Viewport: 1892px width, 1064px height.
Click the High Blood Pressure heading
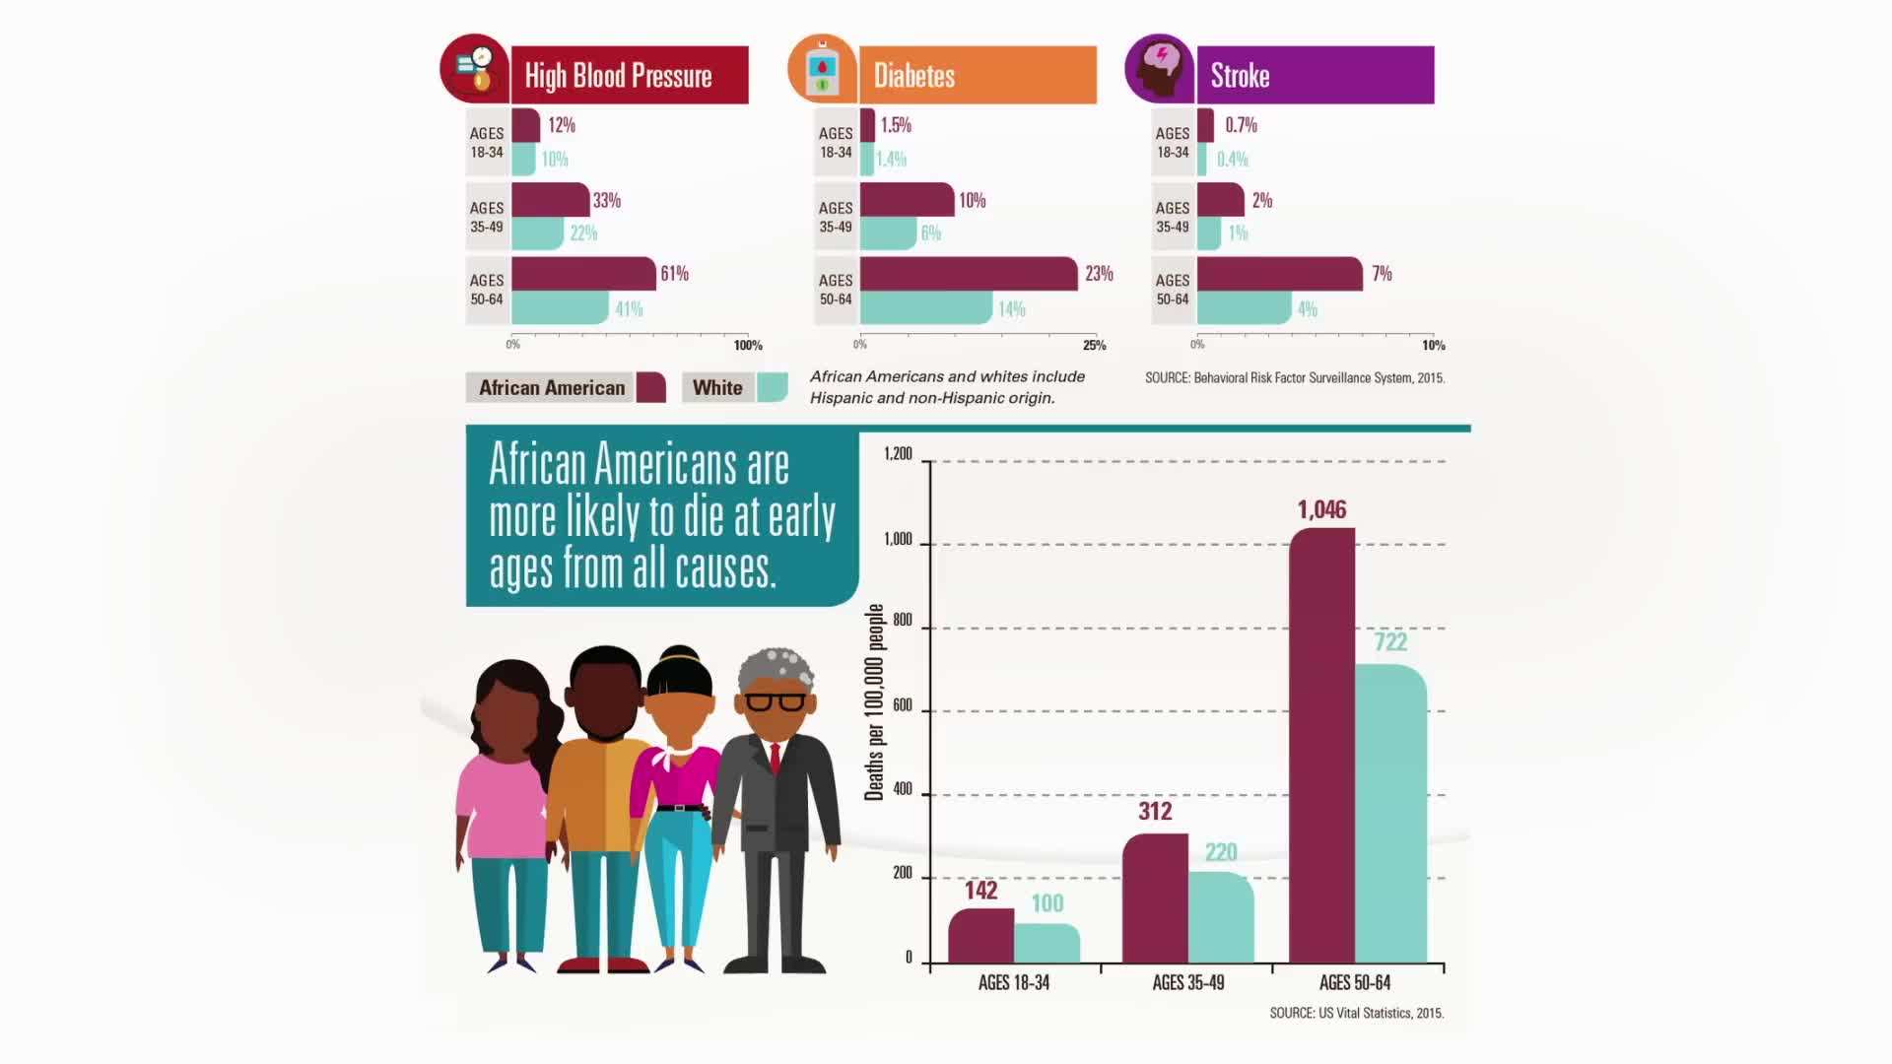[x=618, y=76]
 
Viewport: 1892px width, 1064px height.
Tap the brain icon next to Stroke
[x=1160, y=69]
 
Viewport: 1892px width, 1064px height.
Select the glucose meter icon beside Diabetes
[x=822, y=70]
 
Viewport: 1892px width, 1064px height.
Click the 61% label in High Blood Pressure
[x=674, y=274]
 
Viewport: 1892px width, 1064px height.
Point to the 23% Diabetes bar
[x=969, y=274]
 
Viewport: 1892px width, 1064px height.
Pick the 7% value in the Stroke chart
[x=1382, y=274]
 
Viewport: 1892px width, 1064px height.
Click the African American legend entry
[x=565, y=388]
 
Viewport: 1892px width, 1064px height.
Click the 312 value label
[x=1155, y=811]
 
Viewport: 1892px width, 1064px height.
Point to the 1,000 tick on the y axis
[x=898, y=540]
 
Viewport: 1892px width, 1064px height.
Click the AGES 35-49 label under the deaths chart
[x=1187, y=982]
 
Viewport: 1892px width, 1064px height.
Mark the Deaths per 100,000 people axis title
[x=874, y=702]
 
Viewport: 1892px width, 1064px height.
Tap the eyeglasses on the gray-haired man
[x=775, y=702]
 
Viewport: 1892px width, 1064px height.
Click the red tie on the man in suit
[x=776, y=758]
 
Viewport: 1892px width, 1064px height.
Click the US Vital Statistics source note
[x=1356, y=1013]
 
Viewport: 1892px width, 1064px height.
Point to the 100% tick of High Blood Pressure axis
[x=748, y=345]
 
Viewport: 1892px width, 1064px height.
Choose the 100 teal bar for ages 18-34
[x=1047, y=943]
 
